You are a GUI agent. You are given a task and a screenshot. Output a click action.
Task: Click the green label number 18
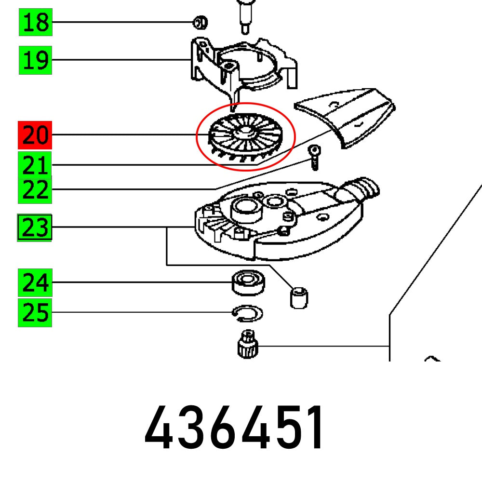point(36,23)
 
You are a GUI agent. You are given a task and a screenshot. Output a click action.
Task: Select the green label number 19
point(36,60)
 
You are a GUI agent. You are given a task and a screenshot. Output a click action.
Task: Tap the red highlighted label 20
point(36,135)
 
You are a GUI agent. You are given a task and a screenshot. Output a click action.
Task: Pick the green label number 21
point(36,165)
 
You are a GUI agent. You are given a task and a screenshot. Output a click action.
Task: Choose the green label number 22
point(36,191)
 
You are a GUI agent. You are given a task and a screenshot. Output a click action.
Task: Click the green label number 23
point(35,228)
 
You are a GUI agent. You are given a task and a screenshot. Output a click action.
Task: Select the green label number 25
point(35,313)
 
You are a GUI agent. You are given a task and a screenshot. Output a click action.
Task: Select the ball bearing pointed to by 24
point(248,282)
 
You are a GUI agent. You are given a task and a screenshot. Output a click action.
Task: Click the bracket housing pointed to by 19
point(241,65)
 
